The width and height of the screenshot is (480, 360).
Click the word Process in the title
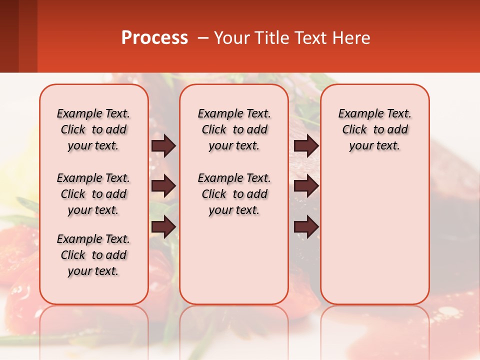[154, 38]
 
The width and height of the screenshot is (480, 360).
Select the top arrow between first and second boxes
[163, 145]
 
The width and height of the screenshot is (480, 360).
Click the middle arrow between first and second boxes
[163, 186]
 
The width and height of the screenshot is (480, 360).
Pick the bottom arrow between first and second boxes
[163, 227]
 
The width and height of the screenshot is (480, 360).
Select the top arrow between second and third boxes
[306, 145]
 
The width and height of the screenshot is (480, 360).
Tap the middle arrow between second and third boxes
[306, 186]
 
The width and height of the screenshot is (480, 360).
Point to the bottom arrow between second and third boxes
[306, 227]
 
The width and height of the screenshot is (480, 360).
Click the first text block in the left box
[93, 129]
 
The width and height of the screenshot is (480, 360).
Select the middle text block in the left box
[93, 194]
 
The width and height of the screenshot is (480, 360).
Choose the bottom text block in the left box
[93, 255]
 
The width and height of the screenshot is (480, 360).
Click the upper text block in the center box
[234, 129]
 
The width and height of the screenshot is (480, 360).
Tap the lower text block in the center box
[234, 194]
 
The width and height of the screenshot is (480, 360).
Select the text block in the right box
[375, 129]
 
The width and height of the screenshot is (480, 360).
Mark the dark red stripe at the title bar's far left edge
[9, 36]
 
